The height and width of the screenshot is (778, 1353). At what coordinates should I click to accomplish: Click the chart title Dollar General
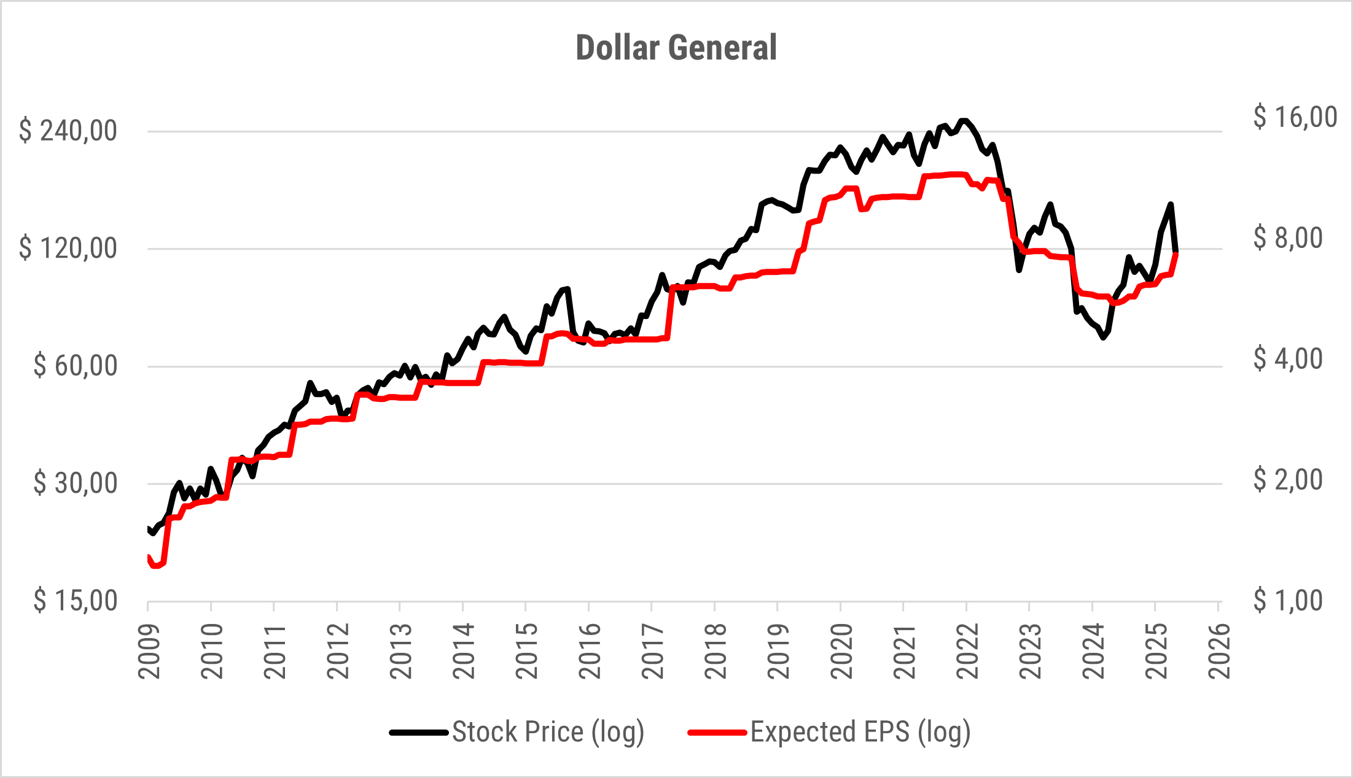676,48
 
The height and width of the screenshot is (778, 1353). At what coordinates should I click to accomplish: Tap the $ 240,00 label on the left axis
68,131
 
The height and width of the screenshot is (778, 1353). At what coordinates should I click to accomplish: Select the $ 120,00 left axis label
68,248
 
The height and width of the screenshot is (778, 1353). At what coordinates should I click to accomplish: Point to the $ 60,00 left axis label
75,366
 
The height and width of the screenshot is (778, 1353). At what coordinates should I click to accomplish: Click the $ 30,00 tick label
75,483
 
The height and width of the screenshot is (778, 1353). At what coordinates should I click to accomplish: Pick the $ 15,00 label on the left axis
75,601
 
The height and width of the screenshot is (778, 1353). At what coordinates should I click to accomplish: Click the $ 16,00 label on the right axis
1295,117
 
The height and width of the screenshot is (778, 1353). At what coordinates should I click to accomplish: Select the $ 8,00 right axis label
1288,238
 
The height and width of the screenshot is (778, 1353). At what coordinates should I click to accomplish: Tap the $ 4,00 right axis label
1288,359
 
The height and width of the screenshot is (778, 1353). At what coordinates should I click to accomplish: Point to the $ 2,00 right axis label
1288,480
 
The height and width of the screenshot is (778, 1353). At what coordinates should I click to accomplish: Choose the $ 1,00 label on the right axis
1288,601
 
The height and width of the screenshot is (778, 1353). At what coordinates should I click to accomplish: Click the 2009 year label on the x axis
149,652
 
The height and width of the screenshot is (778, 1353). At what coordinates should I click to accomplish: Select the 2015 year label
527,652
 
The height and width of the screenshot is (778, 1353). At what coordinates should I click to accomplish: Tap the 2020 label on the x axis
841,652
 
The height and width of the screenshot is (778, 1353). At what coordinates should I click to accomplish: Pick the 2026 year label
1219,652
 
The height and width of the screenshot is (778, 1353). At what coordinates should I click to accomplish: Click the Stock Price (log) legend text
548,732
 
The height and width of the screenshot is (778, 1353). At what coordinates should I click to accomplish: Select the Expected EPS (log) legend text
860,732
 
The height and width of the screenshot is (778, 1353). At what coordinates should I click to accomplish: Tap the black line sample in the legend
419,733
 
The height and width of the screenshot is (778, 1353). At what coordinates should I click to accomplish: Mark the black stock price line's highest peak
964,121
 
